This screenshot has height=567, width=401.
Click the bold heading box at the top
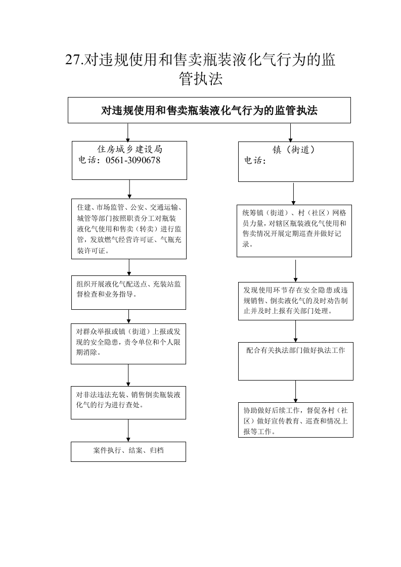click(209, 110)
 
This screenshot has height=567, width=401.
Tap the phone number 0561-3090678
click(133, 160)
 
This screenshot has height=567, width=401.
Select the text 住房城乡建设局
click(129, 149)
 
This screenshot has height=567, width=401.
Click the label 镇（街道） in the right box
click(293, 150)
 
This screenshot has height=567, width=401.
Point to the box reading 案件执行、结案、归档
click(128, 451)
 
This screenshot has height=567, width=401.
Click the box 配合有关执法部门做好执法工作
click(296, 361)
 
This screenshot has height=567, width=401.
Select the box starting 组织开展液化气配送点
click(128, 293)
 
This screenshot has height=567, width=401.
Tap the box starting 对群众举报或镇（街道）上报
click(128, 344)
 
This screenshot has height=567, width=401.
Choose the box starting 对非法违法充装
click(128, 402)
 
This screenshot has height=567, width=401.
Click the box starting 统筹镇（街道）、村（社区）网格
click(294, 231)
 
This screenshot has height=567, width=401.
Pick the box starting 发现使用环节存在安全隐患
click(296, 301)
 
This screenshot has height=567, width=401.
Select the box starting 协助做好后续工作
click(296, 420)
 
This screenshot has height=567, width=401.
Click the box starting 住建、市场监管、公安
click(129, 228)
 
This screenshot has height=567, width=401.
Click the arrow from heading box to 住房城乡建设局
click(128, 132)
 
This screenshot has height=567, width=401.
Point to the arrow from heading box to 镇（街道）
click(290, 132)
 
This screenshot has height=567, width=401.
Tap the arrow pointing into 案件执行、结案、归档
click(128, 431)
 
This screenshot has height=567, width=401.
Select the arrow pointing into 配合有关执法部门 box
click(295, 331)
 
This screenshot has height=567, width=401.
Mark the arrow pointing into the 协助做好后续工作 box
click(295, 391)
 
